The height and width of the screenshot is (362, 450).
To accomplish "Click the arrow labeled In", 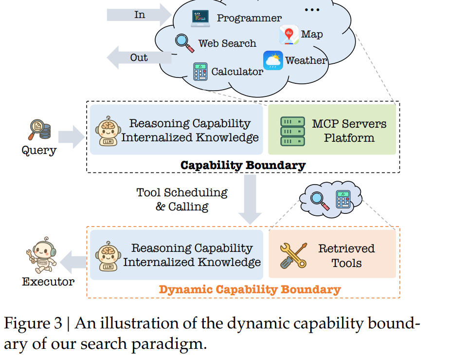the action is click(140, 15).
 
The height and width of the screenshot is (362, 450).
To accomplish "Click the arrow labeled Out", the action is click(139, 57).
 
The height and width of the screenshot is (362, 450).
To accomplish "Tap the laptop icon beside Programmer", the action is click(200, 19).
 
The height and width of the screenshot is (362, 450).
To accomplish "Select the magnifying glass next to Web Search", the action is click(184, 43).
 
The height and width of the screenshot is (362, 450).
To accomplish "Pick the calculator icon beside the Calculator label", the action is click(200, 72).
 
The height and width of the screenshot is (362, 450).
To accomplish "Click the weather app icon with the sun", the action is click(273, 60).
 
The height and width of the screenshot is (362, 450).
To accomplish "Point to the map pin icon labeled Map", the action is click(288, 35).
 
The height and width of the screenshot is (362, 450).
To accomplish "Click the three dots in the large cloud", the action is click(312, 10).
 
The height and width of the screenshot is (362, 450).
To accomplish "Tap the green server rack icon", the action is click(292, 132).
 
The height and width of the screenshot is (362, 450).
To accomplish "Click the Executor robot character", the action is click(42, 255).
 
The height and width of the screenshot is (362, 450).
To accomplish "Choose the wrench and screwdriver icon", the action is click(293, 256).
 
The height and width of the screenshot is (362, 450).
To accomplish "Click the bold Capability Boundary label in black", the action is click(243, 165).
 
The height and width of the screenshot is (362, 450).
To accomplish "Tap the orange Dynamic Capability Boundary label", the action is click(250, 289).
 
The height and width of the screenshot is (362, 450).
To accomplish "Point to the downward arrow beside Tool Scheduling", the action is click(250, 200).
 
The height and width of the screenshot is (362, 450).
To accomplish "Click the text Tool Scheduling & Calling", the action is click(182, 200).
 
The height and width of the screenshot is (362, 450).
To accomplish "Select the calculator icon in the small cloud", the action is click(343, 199).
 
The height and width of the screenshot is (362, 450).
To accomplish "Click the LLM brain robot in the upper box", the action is click(108, 131).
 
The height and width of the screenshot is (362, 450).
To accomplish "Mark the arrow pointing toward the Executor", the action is click(73, 262).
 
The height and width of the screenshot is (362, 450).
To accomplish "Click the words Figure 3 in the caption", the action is click(33, 323).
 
